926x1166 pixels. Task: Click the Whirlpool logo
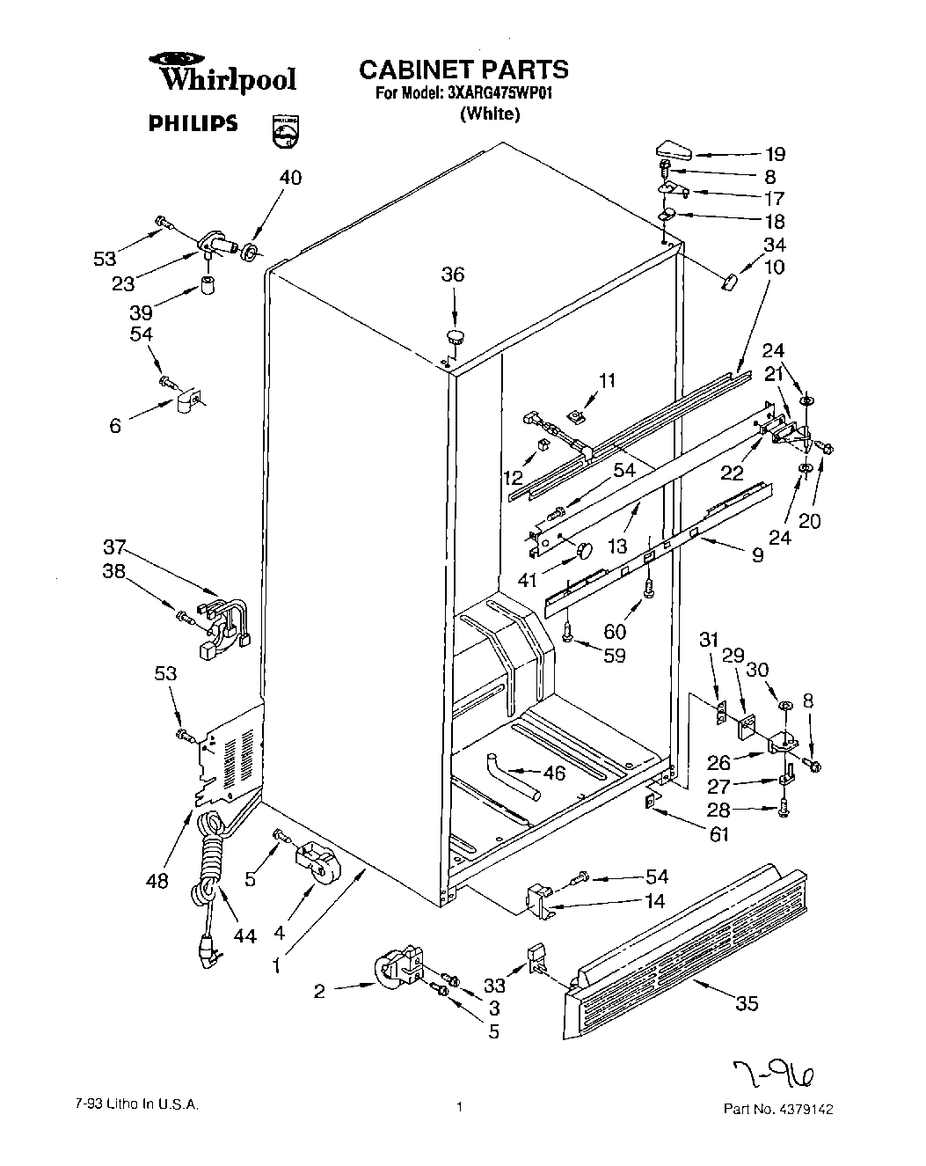(x=227, y=74)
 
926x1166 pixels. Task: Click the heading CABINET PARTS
(x=463, y=70)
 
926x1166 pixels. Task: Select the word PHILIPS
(x=193, y=123)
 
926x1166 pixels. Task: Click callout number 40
(x=290, y=178)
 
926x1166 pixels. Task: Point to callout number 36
(x=453, y=275)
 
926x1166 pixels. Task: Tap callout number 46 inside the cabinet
(x=578, y=774)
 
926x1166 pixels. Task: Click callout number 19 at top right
(x=774, y=153)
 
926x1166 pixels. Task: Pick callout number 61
(x=718, y=834)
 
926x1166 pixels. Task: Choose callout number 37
(x=114, y=547)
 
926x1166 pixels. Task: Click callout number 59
(x=614, y=656)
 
